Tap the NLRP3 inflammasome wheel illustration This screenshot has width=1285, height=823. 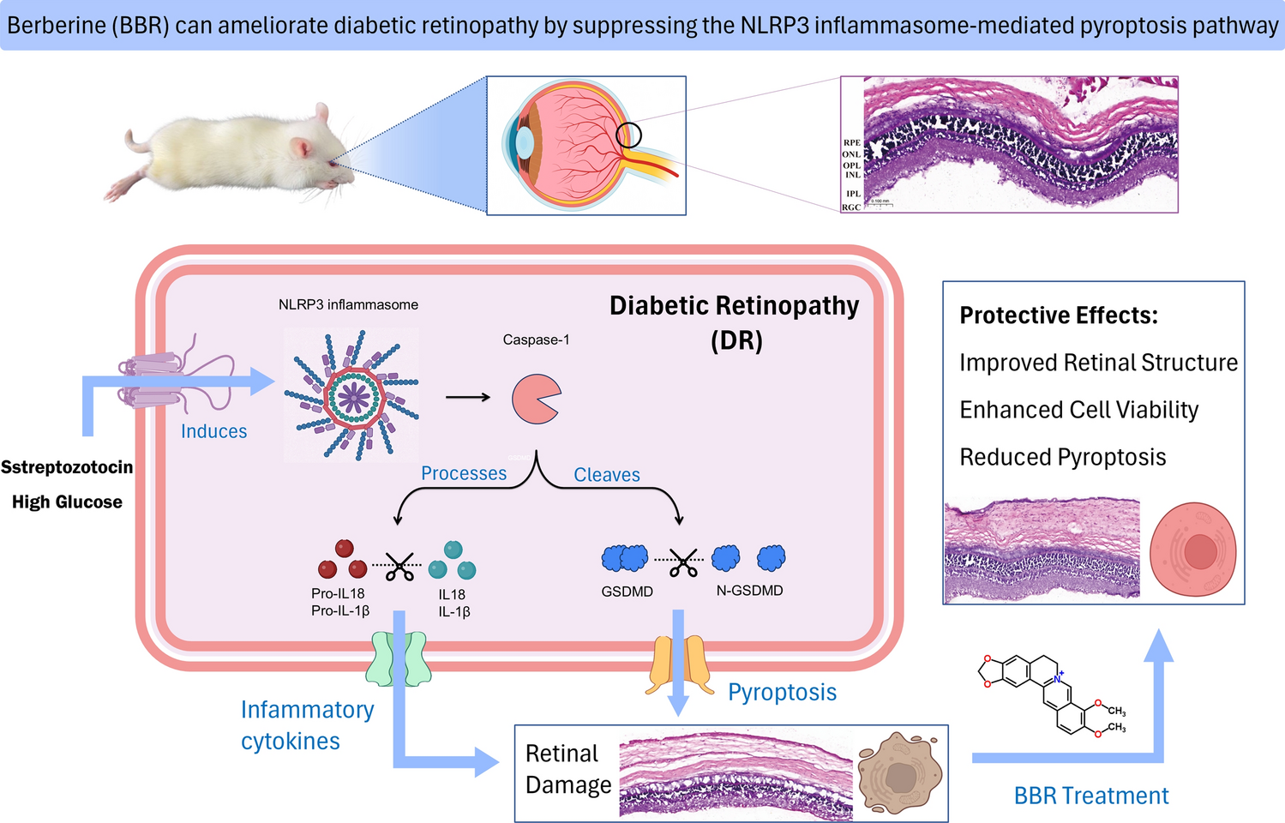coord(352,396)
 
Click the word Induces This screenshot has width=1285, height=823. coord(213,431)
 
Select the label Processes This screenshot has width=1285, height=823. coord(464,473)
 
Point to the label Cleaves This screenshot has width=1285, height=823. coord(607,475)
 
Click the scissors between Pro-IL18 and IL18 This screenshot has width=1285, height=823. coord(399,566)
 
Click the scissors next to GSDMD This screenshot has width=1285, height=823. coord(682,562)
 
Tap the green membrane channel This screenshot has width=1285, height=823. coord(398,659)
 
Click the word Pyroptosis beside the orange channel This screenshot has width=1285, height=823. coord(782,692)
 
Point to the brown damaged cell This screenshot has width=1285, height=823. coord(900,774)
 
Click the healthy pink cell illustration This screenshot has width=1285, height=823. coord(1192,550)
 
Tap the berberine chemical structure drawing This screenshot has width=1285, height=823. coord(1050,694)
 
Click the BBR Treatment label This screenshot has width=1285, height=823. coord(1090,796)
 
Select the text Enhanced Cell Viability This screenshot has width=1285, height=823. coord(1078,410)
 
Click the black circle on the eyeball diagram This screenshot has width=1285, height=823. coord(628,135)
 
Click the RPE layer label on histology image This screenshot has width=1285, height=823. coord(851,143)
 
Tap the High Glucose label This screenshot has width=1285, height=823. coord(67,502)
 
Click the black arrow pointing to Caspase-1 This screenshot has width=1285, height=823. coord(468,397)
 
